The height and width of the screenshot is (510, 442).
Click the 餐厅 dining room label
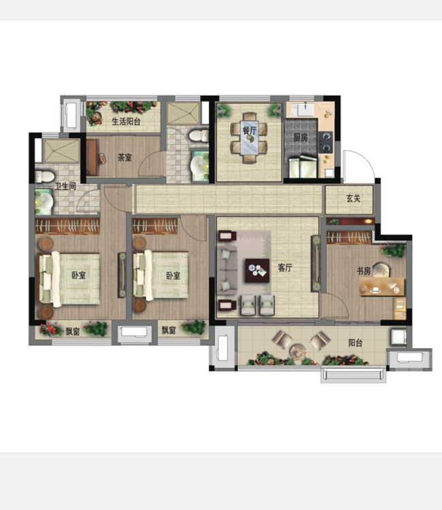click(x=250, y=131)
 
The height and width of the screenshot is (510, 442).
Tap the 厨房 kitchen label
click(x=301, y=137)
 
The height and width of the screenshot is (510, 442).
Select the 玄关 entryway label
click(x=353, y=198)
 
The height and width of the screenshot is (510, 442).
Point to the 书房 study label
click(x=364, y=271)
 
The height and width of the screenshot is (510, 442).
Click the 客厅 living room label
click(x=285, y=268)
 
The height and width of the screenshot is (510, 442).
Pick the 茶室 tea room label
click(x=124, y=158)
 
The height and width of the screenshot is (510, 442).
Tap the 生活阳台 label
click(x=126, y=122)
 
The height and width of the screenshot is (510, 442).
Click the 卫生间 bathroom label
click(x=65, y=186)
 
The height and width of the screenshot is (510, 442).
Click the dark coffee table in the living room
click(x=257, y=270)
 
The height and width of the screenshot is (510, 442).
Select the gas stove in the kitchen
click(x=326, y=142)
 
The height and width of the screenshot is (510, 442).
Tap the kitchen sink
click(x=306, y=109)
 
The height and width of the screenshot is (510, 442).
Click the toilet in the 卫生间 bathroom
click(x=45, y=176)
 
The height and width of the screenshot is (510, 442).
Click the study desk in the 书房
click(x=381, y=286)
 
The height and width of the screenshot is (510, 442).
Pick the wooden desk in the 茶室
click(x=92, y=158)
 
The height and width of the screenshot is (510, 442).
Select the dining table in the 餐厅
click(x=250, y=137)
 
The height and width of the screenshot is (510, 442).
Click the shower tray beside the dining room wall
click(x=183, y=114)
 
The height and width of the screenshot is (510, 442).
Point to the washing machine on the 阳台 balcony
click(x=398, y=337)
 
